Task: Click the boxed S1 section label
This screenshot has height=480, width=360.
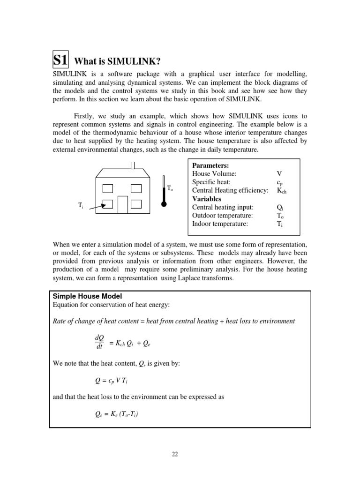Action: click(60, 60)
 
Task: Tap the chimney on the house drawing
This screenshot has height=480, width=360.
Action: click(133, 165)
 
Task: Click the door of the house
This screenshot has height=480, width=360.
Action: click(122, 204)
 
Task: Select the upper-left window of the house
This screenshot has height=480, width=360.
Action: click(108, 188)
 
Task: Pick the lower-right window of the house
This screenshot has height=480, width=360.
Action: click(136, 204)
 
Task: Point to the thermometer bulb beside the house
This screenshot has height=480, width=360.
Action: click(164, 204)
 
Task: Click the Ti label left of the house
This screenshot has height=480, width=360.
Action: click(80, 205)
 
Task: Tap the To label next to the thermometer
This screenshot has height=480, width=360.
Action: click(170, 188)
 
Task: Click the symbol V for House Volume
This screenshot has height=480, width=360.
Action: click(279, 173)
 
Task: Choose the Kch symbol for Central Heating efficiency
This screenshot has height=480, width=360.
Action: click(282, 190)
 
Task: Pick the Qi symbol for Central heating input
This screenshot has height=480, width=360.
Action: click(280, 207)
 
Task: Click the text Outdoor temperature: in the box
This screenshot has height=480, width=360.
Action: click(222, 216)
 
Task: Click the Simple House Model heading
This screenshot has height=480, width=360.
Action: click(87, 296)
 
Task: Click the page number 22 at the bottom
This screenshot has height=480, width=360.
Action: click(174, 454)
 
